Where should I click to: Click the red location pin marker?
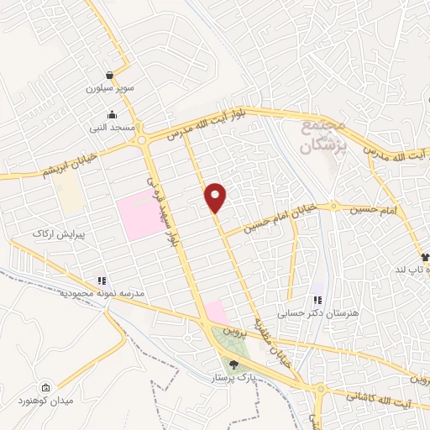tap(217, 197)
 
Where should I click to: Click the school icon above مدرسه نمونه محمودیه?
tap(102, 281)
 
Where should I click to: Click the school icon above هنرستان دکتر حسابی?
tap(317, 300)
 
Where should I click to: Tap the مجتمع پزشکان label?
tap(322, 134)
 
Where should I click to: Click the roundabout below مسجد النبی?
tap(144, 139)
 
